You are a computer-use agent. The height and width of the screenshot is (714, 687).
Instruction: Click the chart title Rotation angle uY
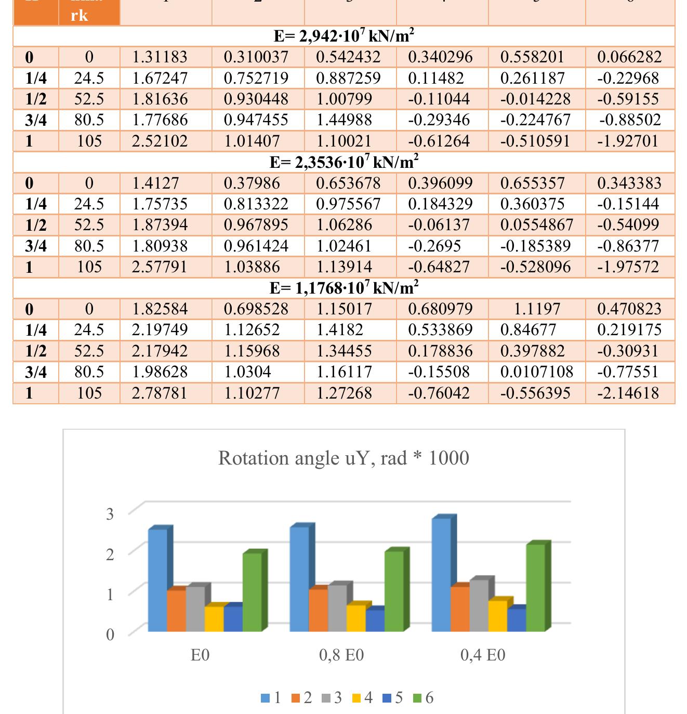[343, 458]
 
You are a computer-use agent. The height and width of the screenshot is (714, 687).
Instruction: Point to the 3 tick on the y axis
[110, 514]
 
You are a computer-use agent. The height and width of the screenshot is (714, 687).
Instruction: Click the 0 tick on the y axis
[110, 634]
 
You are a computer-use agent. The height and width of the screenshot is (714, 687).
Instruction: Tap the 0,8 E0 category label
[341, 655]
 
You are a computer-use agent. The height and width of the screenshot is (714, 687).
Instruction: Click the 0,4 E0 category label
[483, 655]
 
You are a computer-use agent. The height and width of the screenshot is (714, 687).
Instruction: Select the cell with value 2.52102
[160, 141]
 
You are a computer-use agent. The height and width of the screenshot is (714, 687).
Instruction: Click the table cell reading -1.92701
[629, 141]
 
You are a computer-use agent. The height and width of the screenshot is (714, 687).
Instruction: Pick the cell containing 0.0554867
[536, 224]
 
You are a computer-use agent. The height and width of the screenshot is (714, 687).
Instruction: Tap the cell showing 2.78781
[160, 392]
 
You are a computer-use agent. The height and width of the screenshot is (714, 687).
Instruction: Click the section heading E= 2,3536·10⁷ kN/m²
[343, 162]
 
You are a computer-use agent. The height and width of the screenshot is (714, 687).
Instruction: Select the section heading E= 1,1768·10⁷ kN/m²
[343, 287]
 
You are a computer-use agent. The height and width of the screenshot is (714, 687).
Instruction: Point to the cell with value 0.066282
[629, 57]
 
